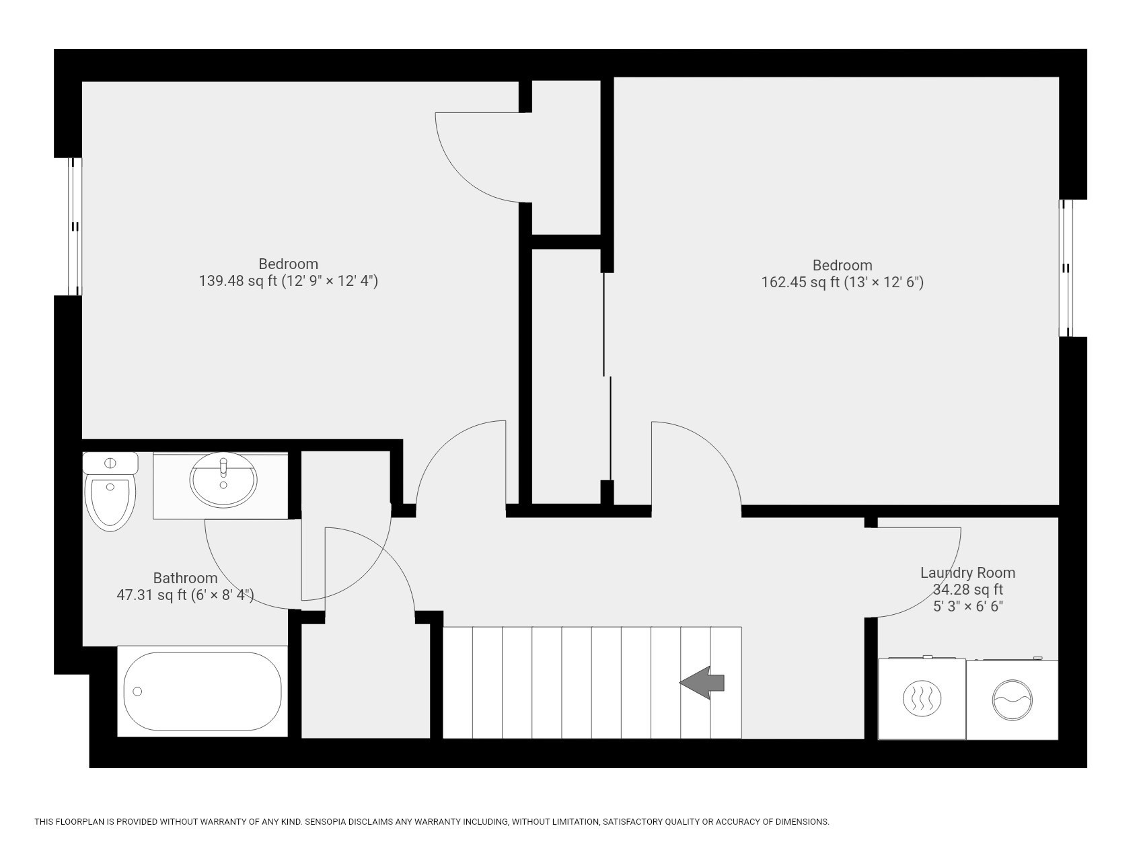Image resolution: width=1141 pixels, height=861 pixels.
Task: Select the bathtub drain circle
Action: [x=138, y=691]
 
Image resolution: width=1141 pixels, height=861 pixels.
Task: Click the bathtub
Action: [x=202, y=691]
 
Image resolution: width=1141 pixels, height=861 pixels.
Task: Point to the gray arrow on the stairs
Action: [x=702, y=683]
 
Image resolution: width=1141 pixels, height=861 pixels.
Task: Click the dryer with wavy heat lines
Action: [x=921, y=700]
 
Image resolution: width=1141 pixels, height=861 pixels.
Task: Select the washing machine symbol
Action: [x=1013, y=700]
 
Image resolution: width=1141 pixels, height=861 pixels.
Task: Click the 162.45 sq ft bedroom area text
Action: [x=800, y=283]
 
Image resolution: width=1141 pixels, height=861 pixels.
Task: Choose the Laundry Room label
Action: [x=967, y=573]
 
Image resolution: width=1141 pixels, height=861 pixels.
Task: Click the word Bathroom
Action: [x=185, y=578]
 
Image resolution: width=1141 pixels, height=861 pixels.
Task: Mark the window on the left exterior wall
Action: [x=75, y=227]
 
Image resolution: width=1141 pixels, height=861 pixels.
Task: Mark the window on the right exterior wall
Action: [x=1066, y=268]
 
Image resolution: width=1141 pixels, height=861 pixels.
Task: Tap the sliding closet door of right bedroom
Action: [x=607, y=377]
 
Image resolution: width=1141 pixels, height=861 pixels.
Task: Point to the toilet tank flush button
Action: [x=110, y=463]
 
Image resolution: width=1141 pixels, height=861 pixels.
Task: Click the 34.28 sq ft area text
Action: [x=967, y=590]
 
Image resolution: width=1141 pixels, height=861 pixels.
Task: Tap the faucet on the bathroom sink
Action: [x=223, y=465]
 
